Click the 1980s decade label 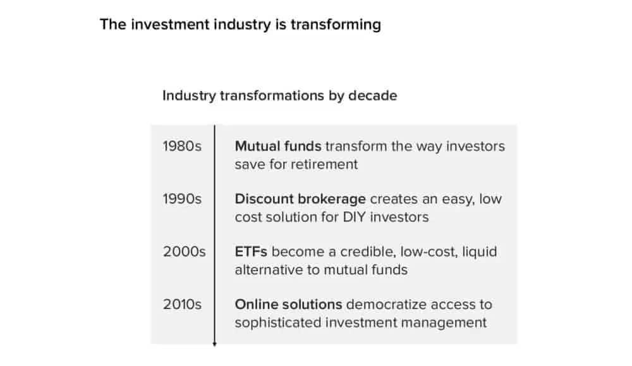[x=182, y=146]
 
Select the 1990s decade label [x=182, y=198]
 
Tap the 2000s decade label [x=184, y=252]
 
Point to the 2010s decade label [x=182, y=304]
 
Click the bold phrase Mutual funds [x=278, y=146]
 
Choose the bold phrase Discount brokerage [x=300, y=199]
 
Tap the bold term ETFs [x=251, y=252]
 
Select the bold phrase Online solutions [x=289, y=304]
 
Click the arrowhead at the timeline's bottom [x=214, y=345]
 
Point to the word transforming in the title [x=336, y=25]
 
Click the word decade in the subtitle [x=372, y=95]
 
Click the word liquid [x=479, y=252]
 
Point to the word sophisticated [x=278, y=323]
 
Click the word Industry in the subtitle [x=189, y=96]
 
